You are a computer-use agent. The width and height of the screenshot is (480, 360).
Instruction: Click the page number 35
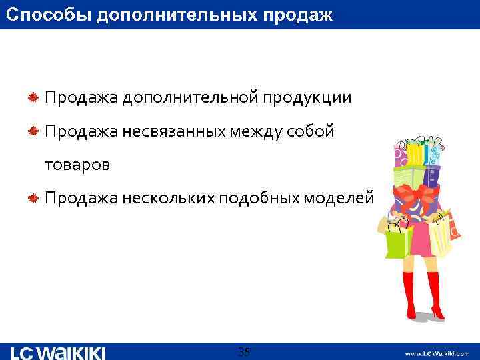point(244,351)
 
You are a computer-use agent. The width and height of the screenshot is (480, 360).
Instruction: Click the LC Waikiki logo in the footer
point(58,352)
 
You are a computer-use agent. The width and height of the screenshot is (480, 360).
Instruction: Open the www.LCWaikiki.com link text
point(437,353)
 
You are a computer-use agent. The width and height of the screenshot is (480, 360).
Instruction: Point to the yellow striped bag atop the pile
point(414,154)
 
